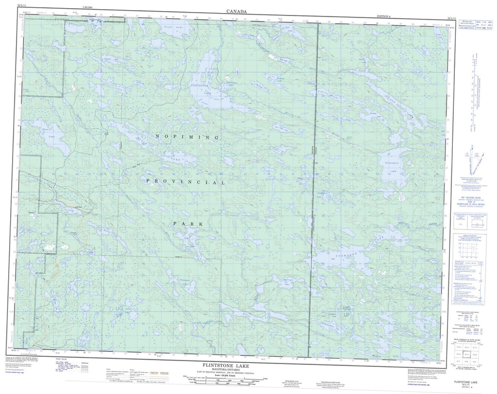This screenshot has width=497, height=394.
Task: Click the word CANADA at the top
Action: (x=236, y=11)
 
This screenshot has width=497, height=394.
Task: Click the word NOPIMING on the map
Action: (x=186, y=138)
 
